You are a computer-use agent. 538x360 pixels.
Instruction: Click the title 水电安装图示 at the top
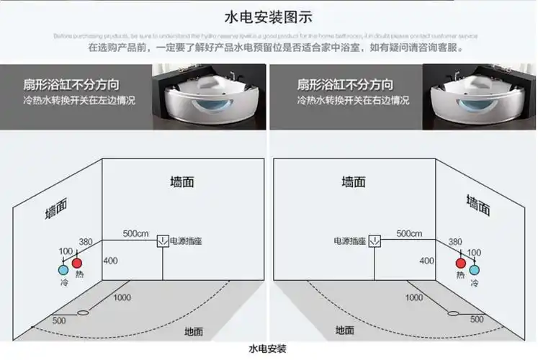tap(269, 16)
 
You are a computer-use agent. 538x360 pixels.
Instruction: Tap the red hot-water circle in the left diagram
tap(77, 264)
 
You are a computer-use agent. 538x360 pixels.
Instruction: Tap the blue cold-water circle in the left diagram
tap(63, 271)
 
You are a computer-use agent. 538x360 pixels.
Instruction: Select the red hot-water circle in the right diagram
tap(460, 264)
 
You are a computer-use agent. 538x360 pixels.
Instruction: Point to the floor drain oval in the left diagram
tap(83, 313)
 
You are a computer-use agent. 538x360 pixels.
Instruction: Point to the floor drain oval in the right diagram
tap(454, 313)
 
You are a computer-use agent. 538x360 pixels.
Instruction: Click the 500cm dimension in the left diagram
tap(135, 234)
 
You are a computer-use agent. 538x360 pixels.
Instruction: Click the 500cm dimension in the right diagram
tap(408, 234)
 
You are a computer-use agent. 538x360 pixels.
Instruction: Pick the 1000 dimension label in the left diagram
tap(122, 297)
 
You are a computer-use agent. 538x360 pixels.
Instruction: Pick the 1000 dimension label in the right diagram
tap(414, 297)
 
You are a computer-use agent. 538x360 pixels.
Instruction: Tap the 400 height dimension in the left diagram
tap(110, 260)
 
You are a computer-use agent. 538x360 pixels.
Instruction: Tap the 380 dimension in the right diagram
tap(455, 243)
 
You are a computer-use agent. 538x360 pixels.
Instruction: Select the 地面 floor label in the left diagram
tap(194, 331)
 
